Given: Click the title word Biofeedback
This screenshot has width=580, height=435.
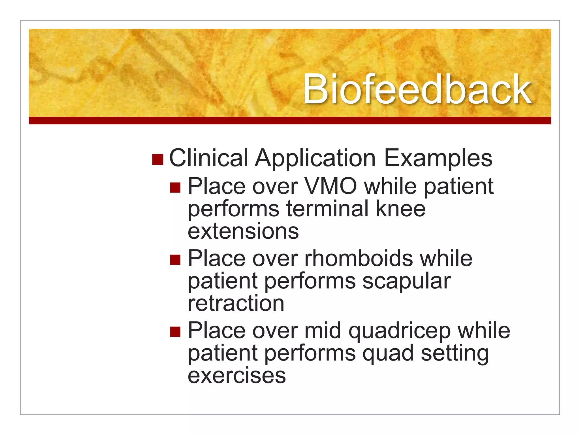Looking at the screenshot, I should [x=417, y=89].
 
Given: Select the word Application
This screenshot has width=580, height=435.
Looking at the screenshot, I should [x=315, y=159].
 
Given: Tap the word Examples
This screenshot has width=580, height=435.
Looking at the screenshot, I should [x=438, y=159].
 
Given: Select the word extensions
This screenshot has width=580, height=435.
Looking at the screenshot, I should [x=243, y=231].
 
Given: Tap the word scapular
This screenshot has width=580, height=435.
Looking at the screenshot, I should [x=407, y=282].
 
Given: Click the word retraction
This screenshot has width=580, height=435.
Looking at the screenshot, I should [x=236, y=303].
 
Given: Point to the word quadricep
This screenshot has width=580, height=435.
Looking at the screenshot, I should [x=399, y=331].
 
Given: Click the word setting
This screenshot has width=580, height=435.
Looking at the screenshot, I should [x=455, y=354].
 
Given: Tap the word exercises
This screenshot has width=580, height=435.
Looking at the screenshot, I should [x=237, y=376].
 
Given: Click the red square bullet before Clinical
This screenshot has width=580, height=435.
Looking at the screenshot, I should [x=158, y=159].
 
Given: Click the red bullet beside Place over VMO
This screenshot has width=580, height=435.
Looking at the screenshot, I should [x=175, y=187].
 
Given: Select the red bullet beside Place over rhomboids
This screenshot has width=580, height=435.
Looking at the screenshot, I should [x=175, y=259].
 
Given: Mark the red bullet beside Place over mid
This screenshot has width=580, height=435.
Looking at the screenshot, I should [x=175, y=332].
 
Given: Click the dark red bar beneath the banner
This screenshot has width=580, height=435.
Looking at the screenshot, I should [x=290, y=120].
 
